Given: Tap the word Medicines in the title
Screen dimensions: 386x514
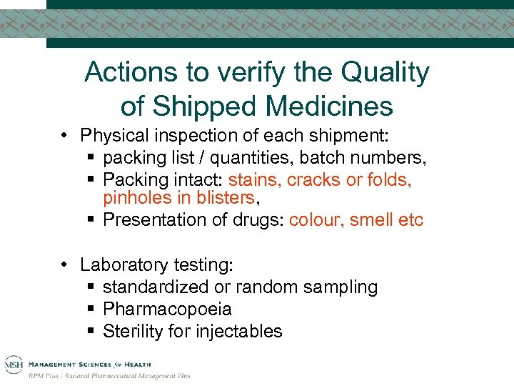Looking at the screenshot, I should coord(329,106).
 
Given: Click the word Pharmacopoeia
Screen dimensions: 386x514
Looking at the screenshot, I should coord(167,309).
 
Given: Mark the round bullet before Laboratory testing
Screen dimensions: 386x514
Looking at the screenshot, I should coord(64,265).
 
